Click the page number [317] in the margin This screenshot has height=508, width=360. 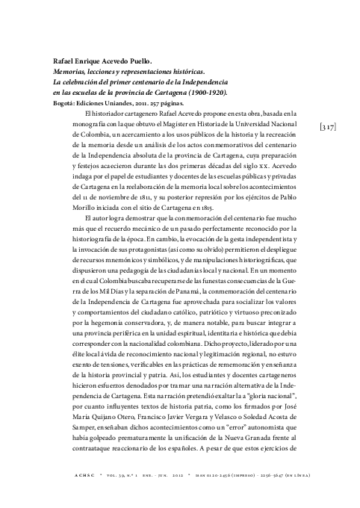point(326,127)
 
